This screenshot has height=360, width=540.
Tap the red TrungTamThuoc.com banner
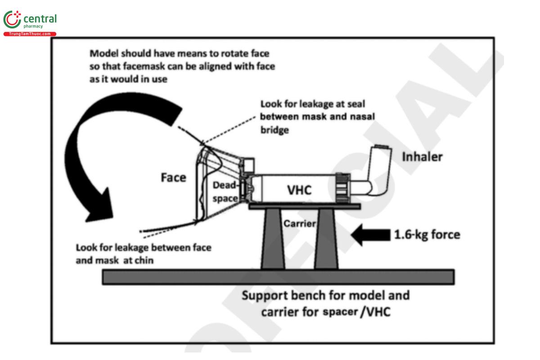tap(30, 34)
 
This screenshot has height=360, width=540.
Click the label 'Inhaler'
tap(422, 157)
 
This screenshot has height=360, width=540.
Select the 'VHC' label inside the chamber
tap(299, 190)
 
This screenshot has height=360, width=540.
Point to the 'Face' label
tap(173, 177)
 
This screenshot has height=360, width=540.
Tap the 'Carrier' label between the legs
tap(299, 223)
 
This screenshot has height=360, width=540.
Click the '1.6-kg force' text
tap(427, 234)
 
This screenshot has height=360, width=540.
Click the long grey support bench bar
tap(278, 277)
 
